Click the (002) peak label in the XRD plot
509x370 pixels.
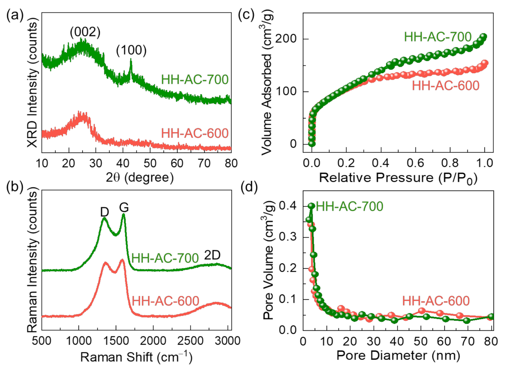[x=85, y=32]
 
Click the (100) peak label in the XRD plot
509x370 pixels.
[x=131, y=50]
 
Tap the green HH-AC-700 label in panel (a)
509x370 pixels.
[x=195, y=79]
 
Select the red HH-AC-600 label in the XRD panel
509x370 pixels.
[x=195, y=133]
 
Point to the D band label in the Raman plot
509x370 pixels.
[x=104, y=212]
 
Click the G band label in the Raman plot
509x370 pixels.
[x=124, y=207]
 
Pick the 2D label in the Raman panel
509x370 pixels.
[x=212, y=255]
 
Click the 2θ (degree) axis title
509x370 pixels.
[x=140, y=177]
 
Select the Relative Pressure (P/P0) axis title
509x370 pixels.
[x=398, y=178]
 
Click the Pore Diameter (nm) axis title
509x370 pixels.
[x=398, y=355]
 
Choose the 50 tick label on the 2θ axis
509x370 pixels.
[x=150, y=163]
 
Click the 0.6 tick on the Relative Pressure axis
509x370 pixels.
[x=415, y=163]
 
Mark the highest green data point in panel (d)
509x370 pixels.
[x=311, y=206]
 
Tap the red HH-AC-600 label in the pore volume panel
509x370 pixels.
[x=436, y=301]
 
